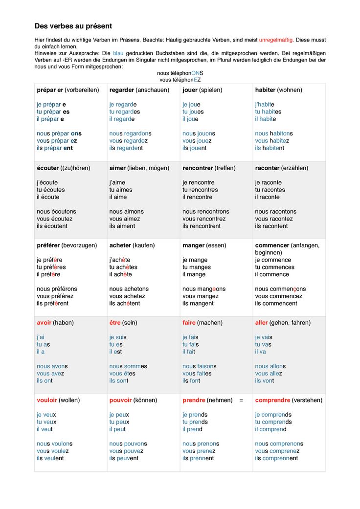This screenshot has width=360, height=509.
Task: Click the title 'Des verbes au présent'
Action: (x=73, y=26)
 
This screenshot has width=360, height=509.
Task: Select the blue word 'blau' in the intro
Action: (x=118, y=52)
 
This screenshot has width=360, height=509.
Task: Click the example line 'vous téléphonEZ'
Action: (x=180, y=79)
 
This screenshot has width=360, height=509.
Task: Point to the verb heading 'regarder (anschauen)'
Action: (x=139, y=90)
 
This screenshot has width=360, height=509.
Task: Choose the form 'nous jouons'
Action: (x=199, y=133)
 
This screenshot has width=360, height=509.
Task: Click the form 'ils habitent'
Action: (x=270, y=148)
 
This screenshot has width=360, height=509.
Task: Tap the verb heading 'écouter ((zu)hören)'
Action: (x=64, y=168)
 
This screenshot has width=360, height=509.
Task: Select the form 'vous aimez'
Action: (x=125, y=219)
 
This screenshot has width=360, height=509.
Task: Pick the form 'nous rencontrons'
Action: (x=205, y=211)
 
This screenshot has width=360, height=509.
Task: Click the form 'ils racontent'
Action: (x=271, y=226)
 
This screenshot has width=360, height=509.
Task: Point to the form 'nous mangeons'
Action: (x=204, y=289)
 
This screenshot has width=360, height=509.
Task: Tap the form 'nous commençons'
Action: (x=280, y=289)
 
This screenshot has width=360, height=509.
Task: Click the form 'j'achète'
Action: (x=120, y=260)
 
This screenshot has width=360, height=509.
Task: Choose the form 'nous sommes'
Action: (x=128, y=366)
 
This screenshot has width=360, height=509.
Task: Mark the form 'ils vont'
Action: (x=265, y=380)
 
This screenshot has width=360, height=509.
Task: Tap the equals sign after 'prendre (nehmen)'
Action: (x=241, y=400)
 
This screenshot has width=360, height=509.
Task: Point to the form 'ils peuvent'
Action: (x=124, y=458)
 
